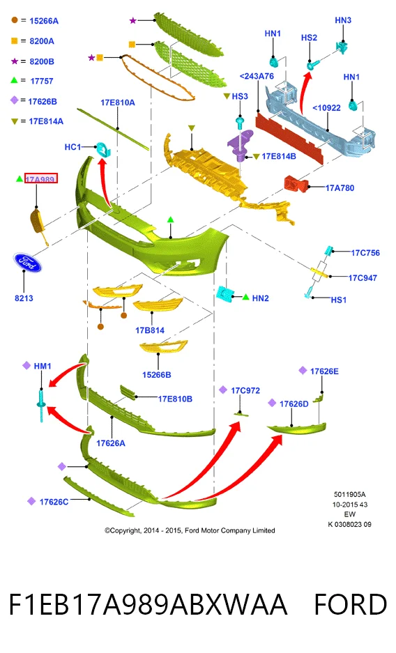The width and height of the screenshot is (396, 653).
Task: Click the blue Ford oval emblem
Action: [27, 263]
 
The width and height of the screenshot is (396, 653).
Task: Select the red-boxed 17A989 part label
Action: [41, 178]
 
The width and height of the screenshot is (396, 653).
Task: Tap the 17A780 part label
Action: [340, 188]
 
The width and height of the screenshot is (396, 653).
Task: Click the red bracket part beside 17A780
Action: [296, 184]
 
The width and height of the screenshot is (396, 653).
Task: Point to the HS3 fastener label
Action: [240, 97]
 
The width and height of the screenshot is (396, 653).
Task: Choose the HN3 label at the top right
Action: [343, 20]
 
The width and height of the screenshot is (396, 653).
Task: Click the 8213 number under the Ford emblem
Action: [24, 298]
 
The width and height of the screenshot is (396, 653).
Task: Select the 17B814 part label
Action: [150, 330]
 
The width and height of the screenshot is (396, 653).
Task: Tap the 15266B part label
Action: [157, 375]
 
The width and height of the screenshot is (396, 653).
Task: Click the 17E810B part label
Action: [175, 399]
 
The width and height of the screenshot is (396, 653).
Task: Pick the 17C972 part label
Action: [245, 391]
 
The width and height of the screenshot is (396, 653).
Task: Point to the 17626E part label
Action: [324, 371]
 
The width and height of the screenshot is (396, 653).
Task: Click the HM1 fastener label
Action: [43, 366]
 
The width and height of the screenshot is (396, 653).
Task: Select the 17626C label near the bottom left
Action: [54, 502]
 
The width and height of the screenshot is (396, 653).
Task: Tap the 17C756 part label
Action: [365, 253]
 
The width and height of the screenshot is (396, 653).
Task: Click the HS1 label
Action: [339, 300]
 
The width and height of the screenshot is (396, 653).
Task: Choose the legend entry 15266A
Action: [44, 21]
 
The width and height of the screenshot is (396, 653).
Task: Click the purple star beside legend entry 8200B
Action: [15, 61]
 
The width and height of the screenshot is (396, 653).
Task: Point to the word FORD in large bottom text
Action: [351, 605]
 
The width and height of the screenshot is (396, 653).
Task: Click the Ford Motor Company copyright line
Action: [190, 530]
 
